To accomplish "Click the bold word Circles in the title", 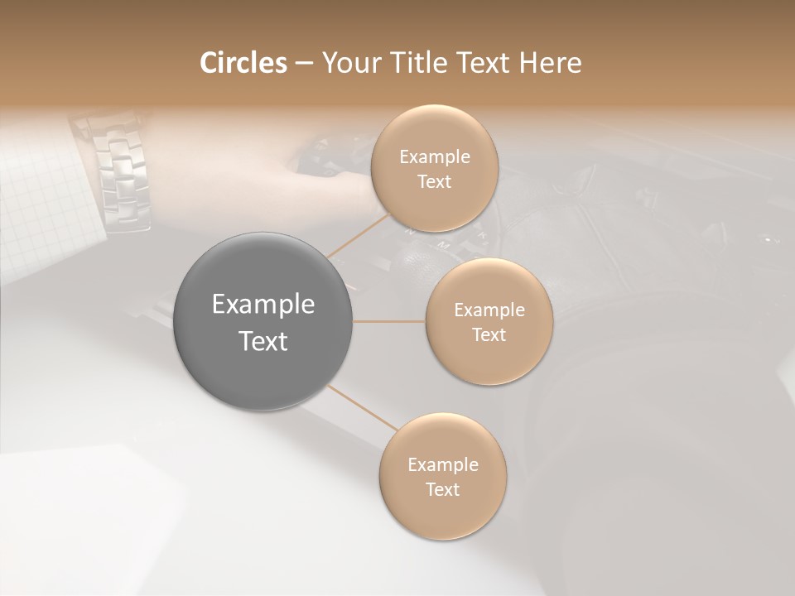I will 243,63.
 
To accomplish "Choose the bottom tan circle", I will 442,513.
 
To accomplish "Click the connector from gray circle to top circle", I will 358,236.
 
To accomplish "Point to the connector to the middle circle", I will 389,321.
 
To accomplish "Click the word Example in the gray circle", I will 263,305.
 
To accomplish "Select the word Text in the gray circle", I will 263,341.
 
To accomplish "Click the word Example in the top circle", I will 435,157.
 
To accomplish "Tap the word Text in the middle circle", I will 489,335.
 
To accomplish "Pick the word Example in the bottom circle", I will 443,465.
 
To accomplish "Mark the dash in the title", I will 304,63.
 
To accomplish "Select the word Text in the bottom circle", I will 442,490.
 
